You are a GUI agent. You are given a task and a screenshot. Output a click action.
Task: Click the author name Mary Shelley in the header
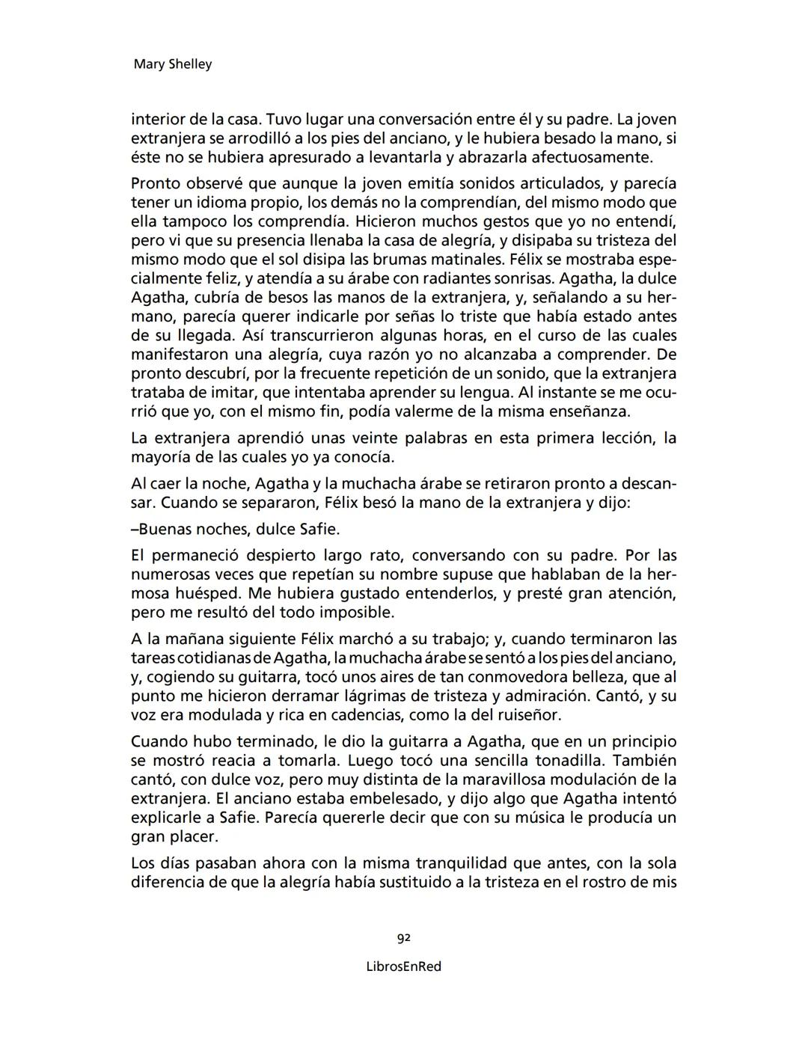pyautogui.click(x=172, y=64)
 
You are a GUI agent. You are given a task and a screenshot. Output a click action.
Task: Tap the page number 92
pyautogui.click(x=404, y=937)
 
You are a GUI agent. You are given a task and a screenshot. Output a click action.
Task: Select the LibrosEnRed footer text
pyautogui.click(x=404, y=966)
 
